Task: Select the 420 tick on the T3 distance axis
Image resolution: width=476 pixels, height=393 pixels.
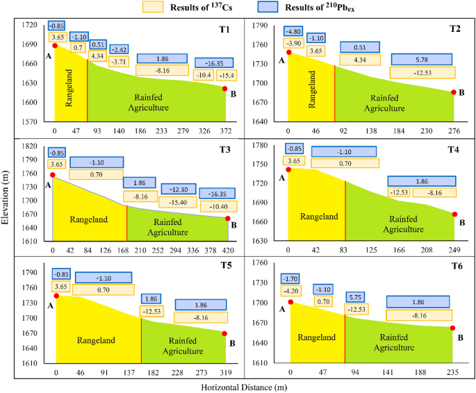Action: (229, 251)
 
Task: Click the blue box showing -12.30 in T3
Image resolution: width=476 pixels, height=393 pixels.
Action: (178, 190)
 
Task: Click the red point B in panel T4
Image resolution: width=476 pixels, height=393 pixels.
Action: (454, 215)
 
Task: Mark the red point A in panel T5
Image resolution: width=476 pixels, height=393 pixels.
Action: (56, 296)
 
